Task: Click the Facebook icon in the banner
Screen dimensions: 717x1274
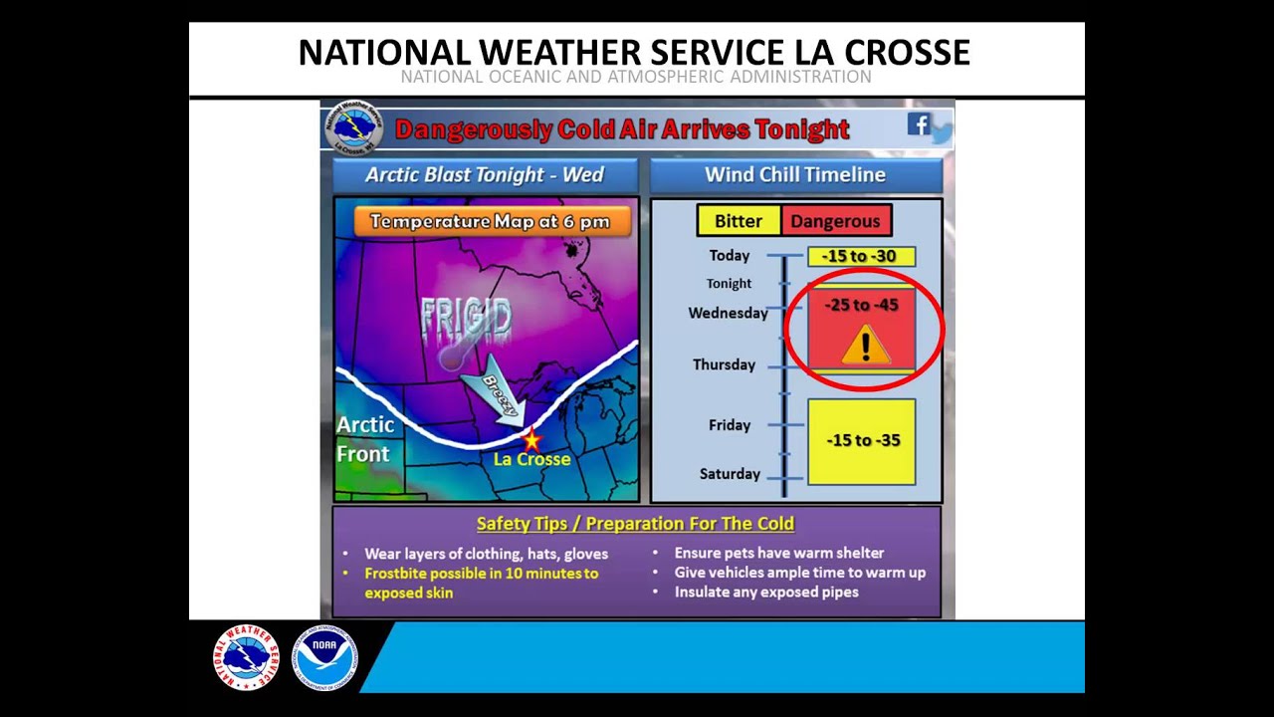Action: (x=918, y=124)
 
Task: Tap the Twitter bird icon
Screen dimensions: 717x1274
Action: (x=941, y=132)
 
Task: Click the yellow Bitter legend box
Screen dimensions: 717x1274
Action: (x=738, y=221)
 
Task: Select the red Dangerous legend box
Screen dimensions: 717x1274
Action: (x=835, y=221)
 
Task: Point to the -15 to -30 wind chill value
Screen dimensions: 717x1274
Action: (x=860, y=256)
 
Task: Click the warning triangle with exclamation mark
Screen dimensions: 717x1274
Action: (x=864, y=346)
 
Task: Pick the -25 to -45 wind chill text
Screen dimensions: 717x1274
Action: (x=861, y=305)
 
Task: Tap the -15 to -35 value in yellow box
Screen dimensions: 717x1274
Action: (x=862, y=440)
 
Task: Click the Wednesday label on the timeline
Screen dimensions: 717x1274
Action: (x=728, y=313)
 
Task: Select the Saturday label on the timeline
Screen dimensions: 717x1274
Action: (x=729, y=474)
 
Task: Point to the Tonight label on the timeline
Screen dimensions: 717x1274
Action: (x=729, y=284)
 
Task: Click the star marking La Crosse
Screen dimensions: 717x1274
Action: (x=531, y=439)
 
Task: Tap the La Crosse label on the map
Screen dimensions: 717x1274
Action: (x=531, y=459)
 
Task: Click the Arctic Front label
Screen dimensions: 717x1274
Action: (x=364, y=439)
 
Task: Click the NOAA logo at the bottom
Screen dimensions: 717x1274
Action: (x=324, y=657)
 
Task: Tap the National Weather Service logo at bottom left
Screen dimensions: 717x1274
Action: (x=246, y=657)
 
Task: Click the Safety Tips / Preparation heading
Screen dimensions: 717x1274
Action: (x=635, y=524)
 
